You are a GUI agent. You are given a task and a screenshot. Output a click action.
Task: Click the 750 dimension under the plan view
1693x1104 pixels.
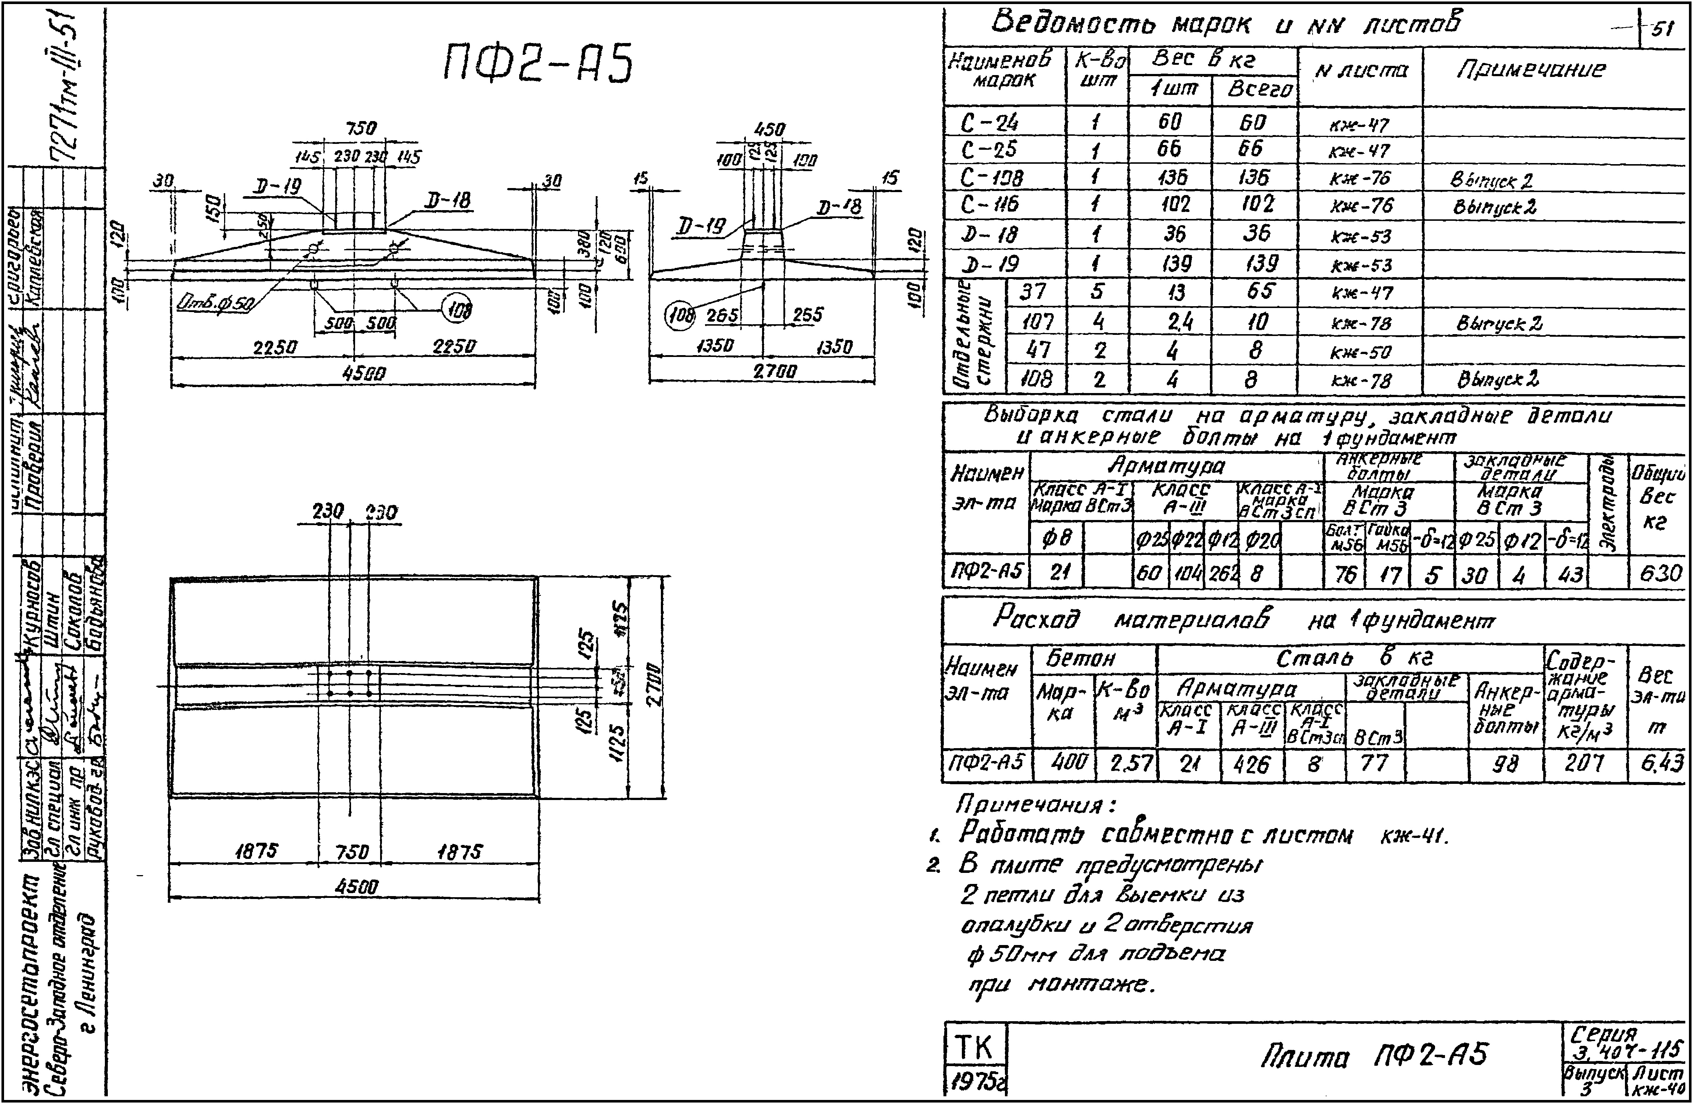click(x=351, y=852)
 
